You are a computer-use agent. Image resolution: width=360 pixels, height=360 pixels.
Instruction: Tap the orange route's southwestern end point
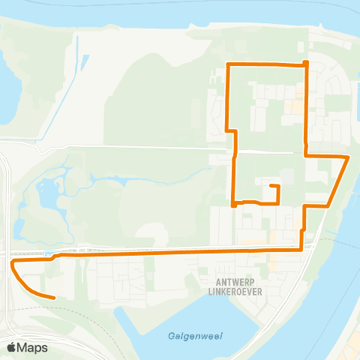[x=54, y=298]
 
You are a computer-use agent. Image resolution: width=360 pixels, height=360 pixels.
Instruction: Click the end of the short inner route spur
[x=270, y=186]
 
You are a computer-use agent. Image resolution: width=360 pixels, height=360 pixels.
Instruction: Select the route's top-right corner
[x=305, y=64]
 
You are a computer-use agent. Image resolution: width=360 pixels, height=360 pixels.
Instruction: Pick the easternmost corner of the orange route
[x=348, y=157]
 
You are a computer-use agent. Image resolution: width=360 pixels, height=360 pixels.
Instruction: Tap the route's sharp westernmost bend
[x=12, y=263]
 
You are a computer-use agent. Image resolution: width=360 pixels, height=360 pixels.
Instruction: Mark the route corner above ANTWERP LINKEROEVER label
[x=301, y=248]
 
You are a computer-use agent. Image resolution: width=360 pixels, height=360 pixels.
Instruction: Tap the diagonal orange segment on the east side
[x=339, y=180]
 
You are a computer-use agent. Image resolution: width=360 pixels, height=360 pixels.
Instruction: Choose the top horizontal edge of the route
[x=266, y=64]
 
